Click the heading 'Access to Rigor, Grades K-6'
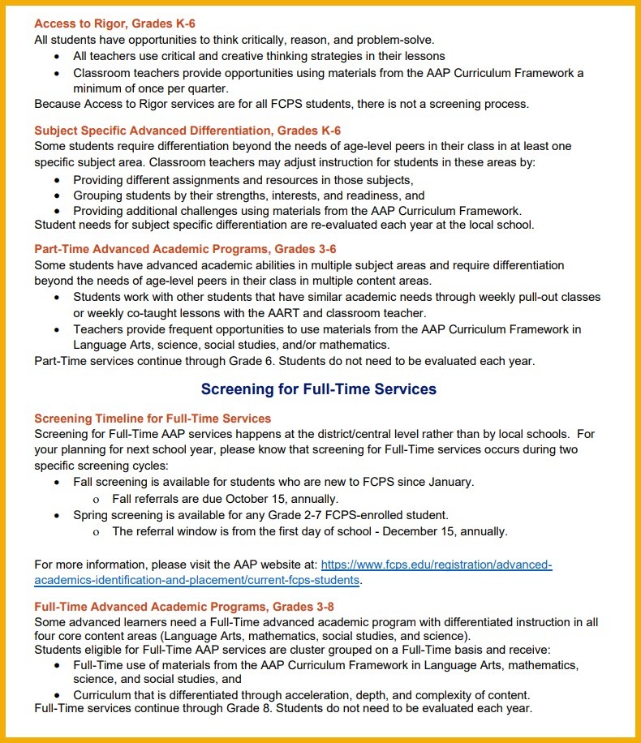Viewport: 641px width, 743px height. point(114,24)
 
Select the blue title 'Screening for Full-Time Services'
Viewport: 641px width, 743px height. point(319,389)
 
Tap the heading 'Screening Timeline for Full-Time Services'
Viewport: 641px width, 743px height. point(153,419)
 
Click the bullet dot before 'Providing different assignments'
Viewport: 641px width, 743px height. point(57,180)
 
